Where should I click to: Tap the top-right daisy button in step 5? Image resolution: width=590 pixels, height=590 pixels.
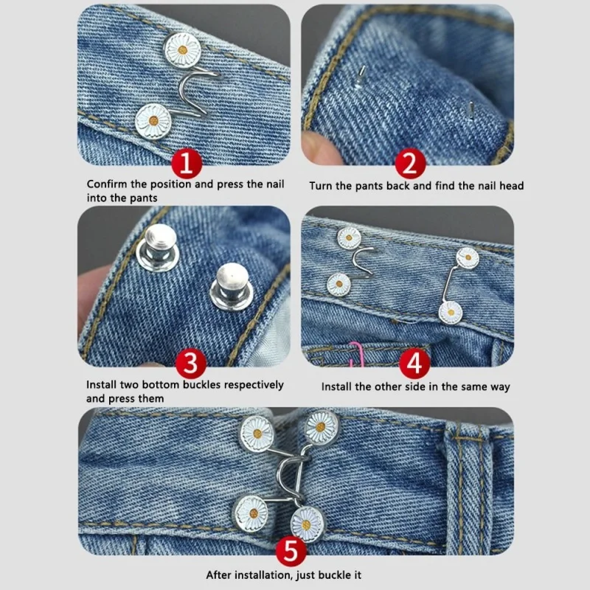(322, 427)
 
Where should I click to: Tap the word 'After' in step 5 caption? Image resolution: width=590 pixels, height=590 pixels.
(221, 575)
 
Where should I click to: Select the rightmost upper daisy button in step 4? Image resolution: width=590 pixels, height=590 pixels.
(467, 258)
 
